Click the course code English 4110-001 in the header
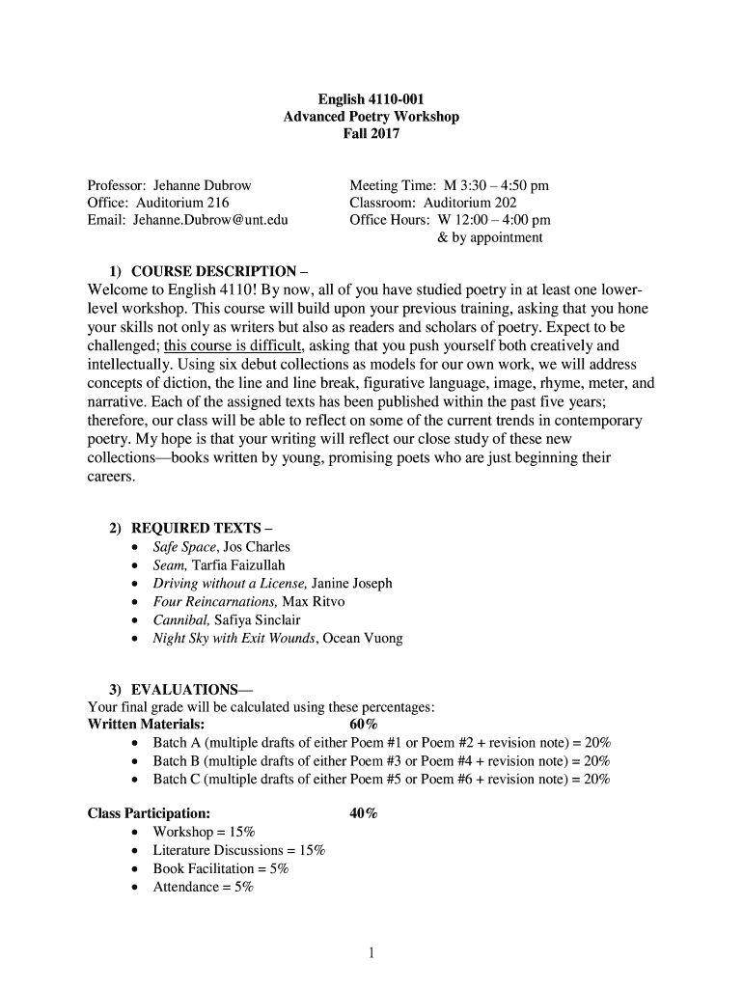point(371,99)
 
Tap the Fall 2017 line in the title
point(371,134)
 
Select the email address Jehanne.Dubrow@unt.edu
point(211,220)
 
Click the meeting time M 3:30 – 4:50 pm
point(496,185)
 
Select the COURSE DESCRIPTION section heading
point(213,271)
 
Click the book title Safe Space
point(185,547)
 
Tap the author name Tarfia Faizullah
point(239,565)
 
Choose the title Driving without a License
point(230,584)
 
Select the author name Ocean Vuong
point(364,639)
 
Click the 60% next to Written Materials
point(364,725)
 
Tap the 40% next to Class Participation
point(364,814)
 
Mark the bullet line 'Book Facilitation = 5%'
point(221,868)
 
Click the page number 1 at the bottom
point(371,954)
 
